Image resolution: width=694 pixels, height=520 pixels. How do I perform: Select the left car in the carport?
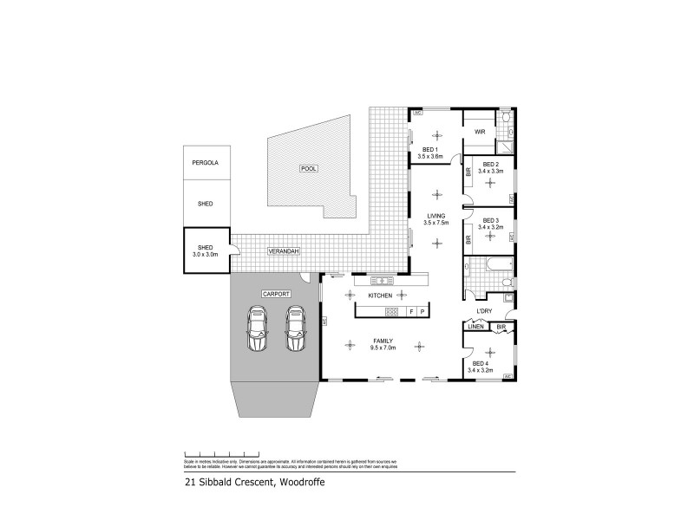tap(258, 329)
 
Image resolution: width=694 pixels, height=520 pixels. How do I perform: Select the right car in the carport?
tap(296, 329)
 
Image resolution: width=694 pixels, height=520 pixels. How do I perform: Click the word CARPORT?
tap(275, 295)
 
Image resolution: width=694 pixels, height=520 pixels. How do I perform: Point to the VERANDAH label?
tap(283, 251)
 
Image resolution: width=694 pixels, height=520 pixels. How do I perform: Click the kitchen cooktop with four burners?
tap(391, 311)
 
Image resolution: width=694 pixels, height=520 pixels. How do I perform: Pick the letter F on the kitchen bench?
tap(410, 311)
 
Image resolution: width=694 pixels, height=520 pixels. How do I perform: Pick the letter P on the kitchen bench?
tap(422, 311)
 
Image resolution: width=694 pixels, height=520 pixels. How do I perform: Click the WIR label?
tap(479, 132)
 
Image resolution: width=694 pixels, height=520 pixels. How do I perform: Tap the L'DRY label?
tap(483, 311)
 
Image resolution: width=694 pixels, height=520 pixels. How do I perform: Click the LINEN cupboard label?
tap(475, 327)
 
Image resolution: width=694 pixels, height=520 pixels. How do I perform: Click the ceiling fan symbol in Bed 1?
tap(436, 134)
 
